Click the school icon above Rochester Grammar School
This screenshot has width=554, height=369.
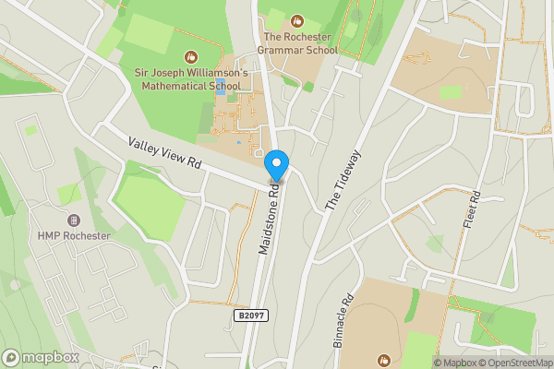coord(296,19)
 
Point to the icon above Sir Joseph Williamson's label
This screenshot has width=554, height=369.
coord(191,56)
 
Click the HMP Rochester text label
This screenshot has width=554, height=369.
coord(74,235)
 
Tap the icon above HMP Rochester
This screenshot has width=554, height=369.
coord(74,220)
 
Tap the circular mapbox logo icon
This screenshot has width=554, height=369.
coord(12,357)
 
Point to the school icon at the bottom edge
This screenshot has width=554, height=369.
coord(384,359)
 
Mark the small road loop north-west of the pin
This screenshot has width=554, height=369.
coord(259,152)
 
